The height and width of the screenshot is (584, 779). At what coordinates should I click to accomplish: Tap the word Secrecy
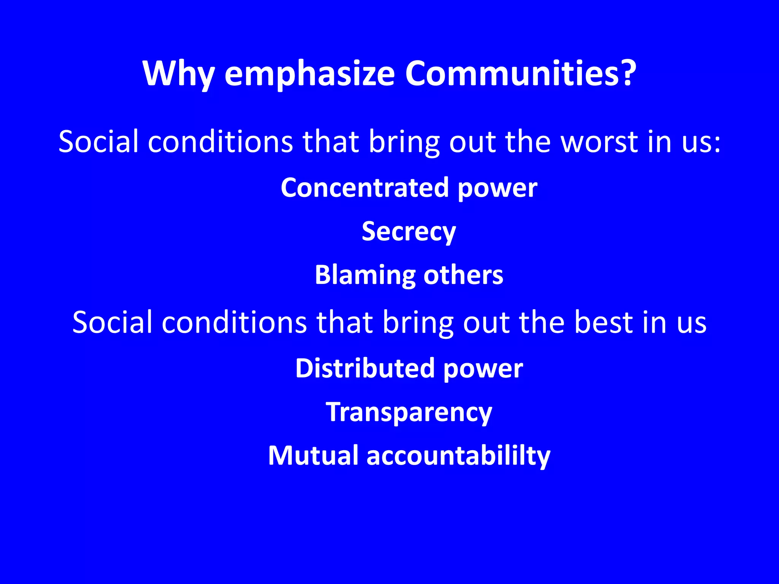[409, 232]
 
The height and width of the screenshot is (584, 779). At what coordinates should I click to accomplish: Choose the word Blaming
[365, 275]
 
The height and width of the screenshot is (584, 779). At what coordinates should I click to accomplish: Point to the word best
[603, 322]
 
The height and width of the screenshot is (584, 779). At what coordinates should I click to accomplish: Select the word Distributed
[365, 368]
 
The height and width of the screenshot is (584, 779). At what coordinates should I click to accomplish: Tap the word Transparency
[409, 413]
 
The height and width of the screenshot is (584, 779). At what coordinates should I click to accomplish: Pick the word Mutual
[313, 455]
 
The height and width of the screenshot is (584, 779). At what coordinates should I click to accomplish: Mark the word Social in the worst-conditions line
[98, 142]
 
